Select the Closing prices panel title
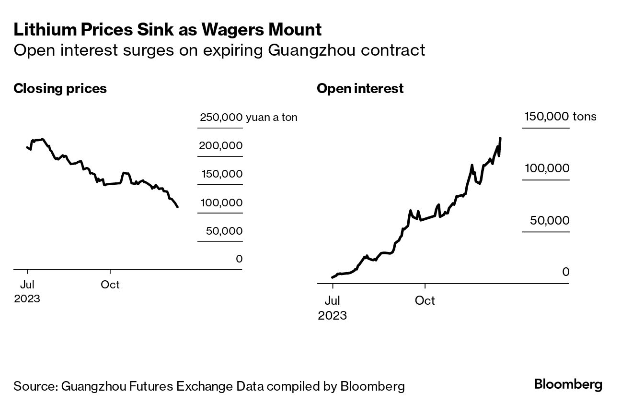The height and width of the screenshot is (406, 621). (x=60, y=89)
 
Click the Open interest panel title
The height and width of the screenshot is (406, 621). (x=360, y=89)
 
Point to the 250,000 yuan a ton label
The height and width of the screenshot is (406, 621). (x=248, y=118)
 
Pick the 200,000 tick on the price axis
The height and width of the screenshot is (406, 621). (x=220, y=146)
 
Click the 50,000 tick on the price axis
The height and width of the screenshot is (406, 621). (x=224, y=231)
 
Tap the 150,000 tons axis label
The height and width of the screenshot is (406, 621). (x=560, y=117)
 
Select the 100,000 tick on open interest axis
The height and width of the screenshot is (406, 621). (x=547, y=168)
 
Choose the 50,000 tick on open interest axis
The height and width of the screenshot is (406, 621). (x=550, y=221)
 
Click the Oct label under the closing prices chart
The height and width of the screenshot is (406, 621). (x=110, y=285)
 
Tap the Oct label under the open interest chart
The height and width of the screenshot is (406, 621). (x=425, y=301)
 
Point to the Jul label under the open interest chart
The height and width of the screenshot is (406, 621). (x=332, y=301)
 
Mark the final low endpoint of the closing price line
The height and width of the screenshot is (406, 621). (x=178, y=207)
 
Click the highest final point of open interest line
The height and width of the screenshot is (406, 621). (x=500, y=138)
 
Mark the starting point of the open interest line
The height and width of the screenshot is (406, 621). (x=332, y=277)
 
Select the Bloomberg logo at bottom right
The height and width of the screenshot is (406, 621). (x=568, y=384)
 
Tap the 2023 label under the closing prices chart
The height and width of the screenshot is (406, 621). (x=27, y=299)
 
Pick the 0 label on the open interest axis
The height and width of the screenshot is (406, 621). (x=565, y=272)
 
